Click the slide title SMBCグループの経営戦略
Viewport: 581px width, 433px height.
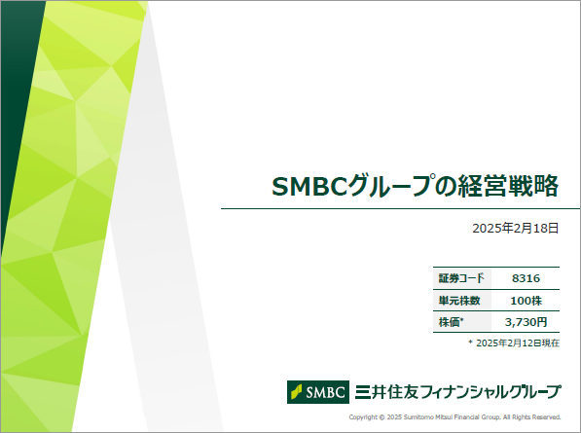pos(415,186)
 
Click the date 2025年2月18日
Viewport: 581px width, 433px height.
pos(516,228)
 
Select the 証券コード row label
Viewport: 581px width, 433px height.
pos(461,278)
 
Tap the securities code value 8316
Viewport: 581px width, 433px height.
pos(526,278)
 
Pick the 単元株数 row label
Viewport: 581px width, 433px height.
pos(459,301)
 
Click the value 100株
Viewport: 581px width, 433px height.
pos(527,301)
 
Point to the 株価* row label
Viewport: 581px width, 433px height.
pos(451,322)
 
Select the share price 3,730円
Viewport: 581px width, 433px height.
pos(526,322)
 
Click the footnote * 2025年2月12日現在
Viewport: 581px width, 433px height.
pos(514,343)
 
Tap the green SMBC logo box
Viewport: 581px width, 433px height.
pos(318,392)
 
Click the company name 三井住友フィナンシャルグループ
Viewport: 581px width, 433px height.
pos(458,392)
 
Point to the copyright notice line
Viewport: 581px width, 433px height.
pos(454,417)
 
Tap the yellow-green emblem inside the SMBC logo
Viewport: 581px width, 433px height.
pos(297,392)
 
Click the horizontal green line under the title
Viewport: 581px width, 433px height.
pos(401,208)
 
